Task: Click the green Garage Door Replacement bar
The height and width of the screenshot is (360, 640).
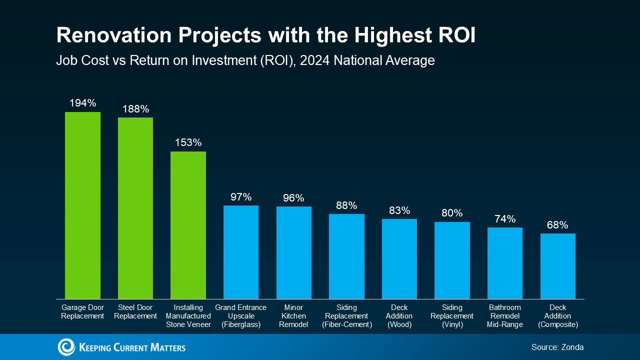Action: (x=82, y=205)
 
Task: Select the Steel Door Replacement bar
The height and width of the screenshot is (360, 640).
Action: (x=135, y=208)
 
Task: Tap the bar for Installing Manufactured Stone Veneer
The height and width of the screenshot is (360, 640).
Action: (x=188, y=225)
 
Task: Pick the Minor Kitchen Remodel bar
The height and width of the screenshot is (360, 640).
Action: (x=293, y=252)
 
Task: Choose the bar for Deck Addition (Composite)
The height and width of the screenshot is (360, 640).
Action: (x=557, y=266)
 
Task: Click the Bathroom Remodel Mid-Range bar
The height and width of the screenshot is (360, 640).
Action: (x=505, y=263)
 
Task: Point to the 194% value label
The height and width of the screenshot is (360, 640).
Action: (x=82, y=103)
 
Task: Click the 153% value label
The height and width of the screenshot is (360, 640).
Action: (x=188, y=142)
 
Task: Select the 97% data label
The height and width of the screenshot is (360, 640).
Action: (x=241, y=197)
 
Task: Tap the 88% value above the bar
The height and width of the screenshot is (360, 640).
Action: (x=346, y=205)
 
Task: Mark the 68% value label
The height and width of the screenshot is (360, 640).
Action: (x=557, y=225)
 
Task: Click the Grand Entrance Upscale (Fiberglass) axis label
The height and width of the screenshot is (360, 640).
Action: (x=241, y=316)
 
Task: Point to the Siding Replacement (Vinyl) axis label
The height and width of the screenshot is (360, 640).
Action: (x=452, y=316)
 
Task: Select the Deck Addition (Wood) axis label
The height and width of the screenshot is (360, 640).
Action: (x=399, y=316)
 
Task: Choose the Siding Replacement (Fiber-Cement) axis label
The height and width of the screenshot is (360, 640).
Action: (x=347, y=316)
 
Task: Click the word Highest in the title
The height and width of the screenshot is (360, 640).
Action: (x=393, y=35)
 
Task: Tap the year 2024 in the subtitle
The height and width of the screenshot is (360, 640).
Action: (x=315, y=60)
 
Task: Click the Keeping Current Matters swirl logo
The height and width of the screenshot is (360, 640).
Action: (x=66, y=347)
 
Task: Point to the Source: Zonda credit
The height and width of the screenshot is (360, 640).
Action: (x=557, y=347)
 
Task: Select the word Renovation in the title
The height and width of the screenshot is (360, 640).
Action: (x=113, y=35)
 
